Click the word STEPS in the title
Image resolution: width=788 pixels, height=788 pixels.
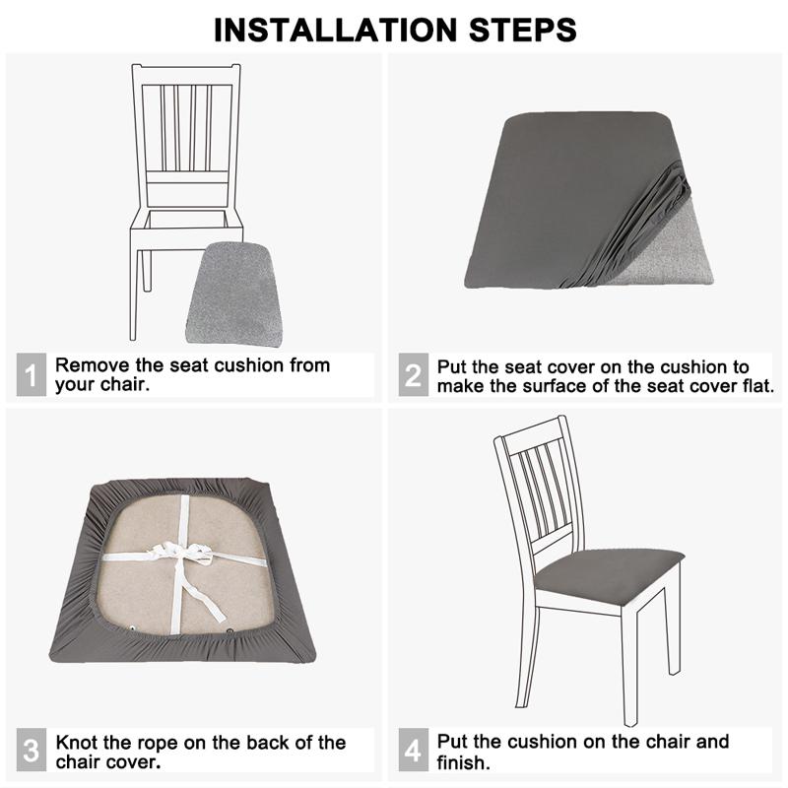(x=519, y=29)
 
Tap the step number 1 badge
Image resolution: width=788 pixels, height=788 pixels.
(x=31, y=375)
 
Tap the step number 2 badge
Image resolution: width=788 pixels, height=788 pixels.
(x=414, y=375)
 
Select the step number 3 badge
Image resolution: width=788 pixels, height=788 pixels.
(x=31, y=752)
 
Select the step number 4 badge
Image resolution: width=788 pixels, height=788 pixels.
(x=414, y=752)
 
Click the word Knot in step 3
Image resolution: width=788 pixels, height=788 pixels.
(x=76, y=742)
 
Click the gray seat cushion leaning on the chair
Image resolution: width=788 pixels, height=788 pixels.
(x=234, y=295)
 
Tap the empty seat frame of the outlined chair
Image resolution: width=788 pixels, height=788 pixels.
(x=187, y=219)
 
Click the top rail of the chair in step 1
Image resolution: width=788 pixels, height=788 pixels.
(x=187, y=75)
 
